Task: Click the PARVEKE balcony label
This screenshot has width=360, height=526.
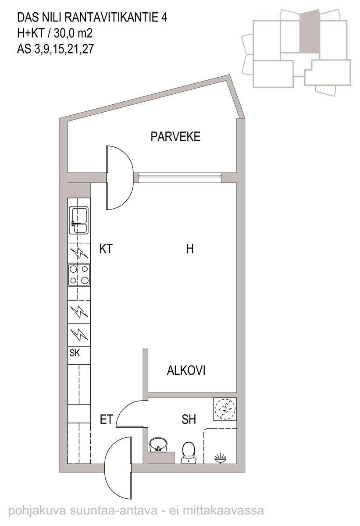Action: click(x=175, y=137)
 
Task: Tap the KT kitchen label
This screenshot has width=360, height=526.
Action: click(x=106, y=249)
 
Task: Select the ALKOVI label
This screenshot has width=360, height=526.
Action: click(x=186, y=370)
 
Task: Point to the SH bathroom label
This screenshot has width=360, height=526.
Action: click(x=189, y=419)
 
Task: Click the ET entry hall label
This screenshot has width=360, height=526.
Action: click(x=107, y=419)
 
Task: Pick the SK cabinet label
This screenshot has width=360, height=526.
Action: click(x=75, y=353)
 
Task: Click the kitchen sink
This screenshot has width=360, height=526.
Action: click(x=78, y=220)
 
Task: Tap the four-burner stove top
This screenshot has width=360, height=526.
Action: click(x=79, y=275)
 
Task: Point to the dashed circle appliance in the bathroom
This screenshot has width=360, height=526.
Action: click(x=225, y=409)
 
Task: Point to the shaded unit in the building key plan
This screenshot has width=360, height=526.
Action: click(x=309, y=32)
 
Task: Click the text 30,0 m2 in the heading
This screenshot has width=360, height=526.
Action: click(x=73, y=33)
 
